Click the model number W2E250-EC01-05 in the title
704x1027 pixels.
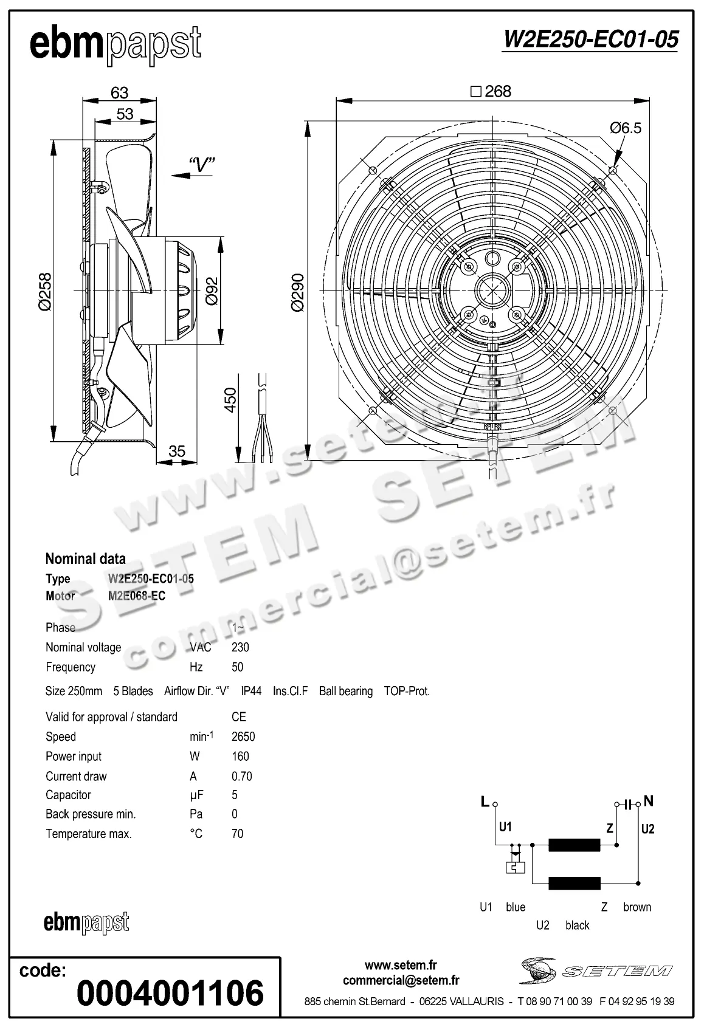[x=590, y=39]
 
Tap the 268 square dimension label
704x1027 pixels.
[x=491, y=92]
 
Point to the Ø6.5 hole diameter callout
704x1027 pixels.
[x=626, y=128]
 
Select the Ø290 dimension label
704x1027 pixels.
[x=297, y=293]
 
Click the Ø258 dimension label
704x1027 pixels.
[x=44, y=292]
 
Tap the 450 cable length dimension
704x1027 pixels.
[x=230, y=400]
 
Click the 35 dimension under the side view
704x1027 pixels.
[x=177, y=451]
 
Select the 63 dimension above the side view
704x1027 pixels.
[x=120, y=92]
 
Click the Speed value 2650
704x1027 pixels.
[x=243, y=737]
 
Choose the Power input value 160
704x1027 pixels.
[x=240, y=756]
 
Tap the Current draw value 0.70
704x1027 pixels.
[x=241, y=776]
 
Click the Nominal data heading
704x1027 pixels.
[x=86, y=558]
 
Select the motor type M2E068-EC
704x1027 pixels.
[x=137, y=596]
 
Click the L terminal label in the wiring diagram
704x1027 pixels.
[x=485, y=802]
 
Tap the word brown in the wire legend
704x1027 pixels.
[x=637, y=907]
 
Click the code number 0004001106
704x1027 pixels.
[x=171, y=992]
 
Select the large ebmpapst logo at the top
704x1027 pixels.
[x=116, y=44]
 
